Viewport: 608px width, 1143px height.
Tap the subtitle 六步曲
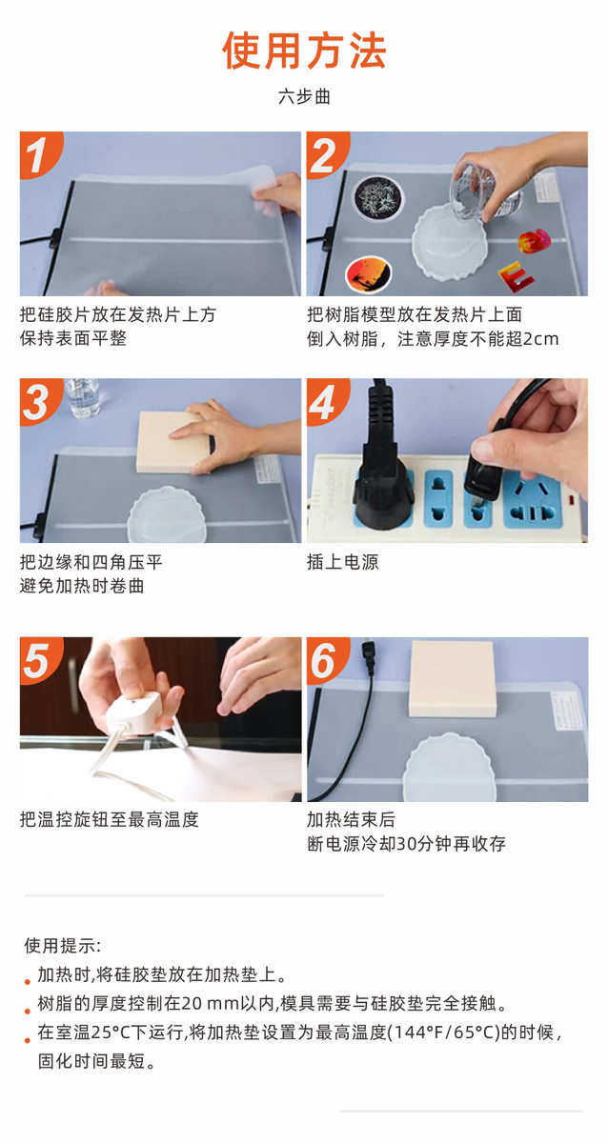tap(304, 96)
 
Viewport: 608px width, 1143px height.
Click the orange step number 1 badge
tap(40, 154)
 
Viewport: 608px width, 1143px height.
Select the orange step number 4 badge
tap(327, 402)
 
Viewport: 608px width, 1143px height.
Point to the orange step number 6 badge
tap(327, 660)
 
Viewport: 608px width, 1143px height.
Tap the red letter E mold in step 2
tap(517, 276)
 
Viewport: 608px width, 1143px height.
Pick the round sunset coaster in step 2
tap(369, 274)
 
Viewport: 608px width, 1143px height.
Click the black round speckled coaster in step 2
tap(378, 197)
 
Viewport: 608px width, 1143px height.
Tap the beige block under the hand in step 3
tap(172, 442)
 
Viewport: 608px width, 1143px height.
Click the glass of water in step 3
tap(83, 397)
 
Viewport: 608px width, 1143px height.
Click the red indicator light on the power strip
tap(572, 498)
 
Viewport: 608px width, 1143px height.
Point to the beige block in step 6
tap(453, 679)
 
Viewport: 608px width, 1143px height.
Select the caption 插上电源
tap(342, 562)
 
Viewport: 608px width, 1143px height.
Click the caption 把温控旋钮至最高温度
tap(110, 819)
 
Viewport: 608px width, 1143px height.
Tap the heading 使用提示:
tap(62, 945)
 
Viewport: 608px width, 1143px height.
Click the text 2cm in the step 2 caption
tap(541, 339)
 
